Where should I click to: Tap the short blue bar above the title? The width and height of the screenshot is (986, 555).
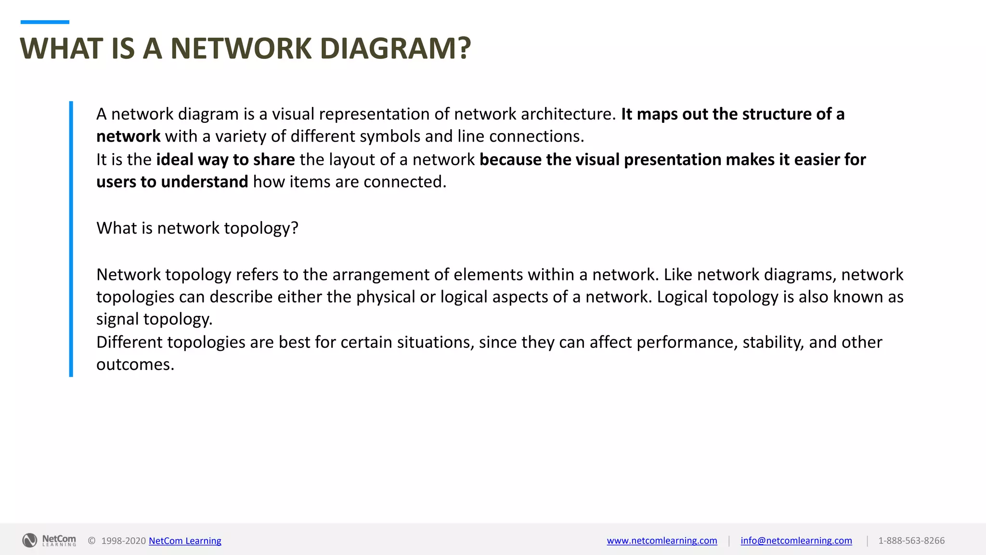click(x=45, y=22)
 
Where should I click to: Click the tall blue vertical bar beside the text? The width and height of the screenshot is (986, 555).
click(x=71, y=238)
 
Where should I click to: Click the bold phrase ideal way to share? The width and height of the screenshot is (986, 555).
click(x=225, y=159)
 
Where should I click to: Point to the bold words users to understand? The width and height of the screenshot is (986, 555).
click(x=172, y=182)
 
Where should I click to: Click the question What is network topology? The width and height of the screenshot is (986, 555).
click(x=197, y=228)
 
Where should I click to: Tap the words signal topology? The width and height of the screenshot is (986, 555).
click(x=154, y=319)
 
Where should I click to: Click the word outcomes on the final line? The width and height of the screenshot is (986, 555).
click(x=135, y=365)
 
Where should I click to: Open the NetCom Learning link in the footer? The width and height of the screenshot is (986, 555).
click(x=185, y=541)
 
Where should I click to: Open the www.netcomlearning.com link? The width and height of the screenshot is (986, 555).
click(x=662, y=541)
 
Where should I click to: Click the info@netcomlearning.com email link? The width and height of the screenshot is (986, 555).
click(x=796, y=541)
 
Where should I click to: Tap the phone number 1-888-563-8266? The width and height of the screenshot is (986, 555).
click(x=911, y=541)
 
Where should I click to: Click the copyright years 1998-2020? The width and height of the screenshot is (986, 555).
click(x=123, y=541)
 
